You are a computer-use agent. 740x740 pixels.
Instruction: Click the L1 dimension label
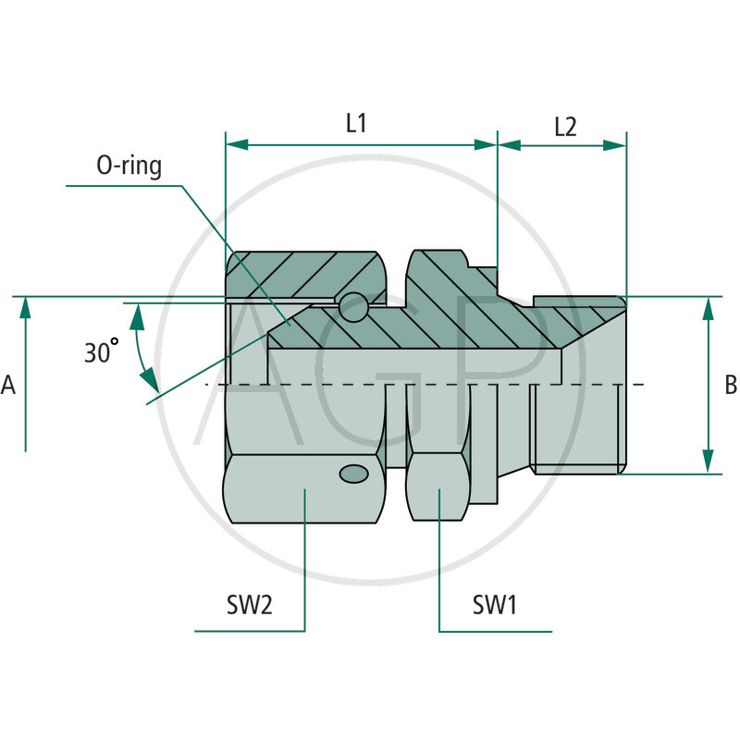pyautogui.click(x=357, y=123)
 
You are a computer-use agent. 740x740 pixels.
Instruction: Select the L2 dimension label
pyautogui.click(x=565, y=127)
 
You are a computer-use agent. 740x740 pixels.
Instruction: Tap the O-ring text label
pyautogui.click(x=129, y=166)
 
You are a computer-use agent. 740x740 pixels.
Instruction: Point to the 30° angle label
pyautogui.click(x=101, y=353)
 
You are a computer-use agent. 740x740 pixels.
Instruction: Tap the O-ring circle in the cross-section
pyautogui.click(x=352, y=306)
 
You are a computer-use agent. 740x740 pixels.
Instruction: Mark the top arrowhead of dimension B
pyautogui.click(x=708, y=308)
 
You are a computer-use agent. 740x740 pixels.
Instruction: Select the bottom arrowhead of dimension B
pyautogui.click(x=708, y=462)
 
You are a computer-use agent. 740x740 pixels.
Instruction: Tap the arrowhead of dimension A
pyautogui.click(x=26, y=308)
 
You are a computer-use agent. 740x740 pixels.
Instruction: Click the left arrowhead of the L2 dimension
pyautogui.click(x=510, y=145)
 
